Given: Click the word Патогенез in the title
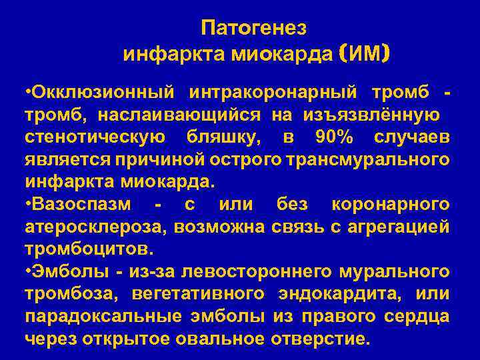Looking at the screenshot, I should tap(253, 27).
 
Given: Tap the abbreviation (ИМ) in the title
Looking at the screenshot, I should tap(364, 53).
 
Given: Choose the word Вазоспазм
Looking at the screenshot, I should tap(83, 203).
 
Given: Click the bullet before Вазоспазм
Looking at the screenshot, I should tap(28, 203).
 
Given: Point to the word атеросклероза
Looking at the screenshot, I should tap(97, 226).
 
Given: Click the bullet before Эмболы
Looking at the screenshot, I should tap(28, 271).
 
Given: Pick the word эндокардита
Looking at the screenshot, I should tap(337, 294).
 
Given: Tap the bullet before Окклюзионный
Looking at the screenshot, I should tap(28, 91).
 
